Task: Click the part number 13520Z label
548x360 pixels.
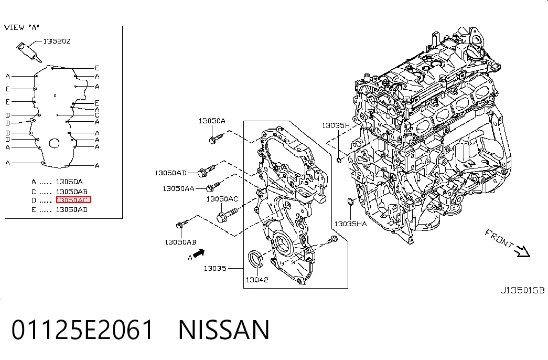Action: coord(57,41)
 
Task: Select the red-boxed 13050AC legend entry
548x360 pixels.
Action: coord(73,200)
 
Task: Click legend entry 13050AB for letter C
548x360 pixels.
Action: coord(71,192)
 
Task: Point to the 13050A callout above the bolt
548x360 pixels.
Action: coord(212,121)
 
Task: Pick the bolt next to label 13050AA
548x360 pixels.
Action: coord(213,186)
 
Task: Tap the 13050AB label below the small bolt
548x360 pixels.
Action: coord(180,242)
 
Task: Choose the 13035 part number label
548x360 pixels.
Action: coord(215,268)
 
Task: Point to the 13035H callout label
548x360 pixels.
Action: coord(336,125)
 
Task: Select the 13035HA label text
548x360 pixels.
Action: coord(350,224)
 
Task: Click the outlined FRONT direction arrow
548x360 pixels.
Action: coord(522,251)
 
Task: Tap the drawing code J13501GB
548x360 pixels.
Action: coord(522,290)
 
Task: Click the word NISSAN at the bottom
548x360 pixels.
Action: coord(224,330)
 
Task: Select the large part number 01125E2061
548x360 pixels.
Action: coord(82,330)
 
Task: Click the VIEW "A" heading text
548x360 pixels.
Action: coord(22,27)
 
